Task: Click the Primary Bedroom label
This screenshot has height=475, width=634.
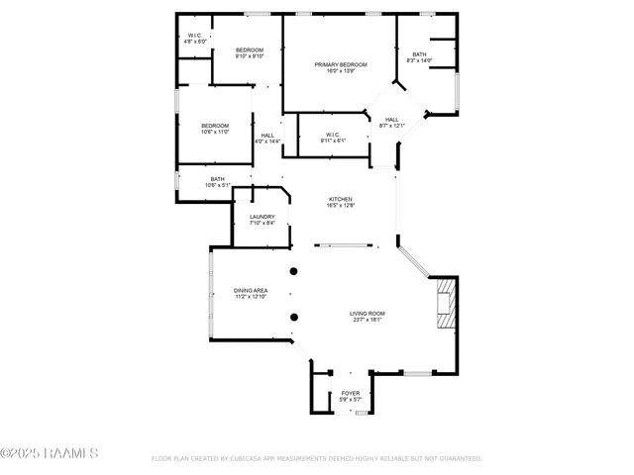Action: [341, 65]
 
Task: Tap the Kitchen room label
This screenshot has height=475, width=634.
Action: [341, 199]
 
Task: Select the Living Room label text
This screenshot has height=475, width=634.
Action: [367, 314]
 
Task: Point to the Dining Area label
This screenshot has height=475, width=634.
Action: [251, 291]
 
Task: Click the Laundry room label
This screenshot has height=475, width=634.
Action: [262, 217]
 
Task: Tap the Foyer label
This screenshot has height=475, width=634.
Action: [351, 393]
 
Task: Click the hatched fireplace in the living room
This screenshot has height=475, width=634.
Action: [445, 305]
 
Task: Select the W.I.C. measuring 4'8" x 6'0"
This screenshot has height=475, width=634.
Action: [196, 38]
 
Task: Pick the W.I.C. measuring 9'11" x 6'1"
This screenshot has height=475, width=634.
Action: [332, 135]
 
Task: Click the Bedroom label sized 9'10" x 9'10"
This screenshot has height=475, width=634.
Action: [250, 50]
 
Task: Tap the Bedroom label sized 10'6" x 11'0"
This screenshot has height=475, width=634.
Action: [215, 126]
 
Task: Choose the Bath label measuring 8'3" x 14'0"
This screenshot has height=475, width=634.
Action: [419, 55]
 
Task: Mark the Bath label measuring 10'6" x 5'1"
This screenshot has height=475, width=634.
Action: [217, 179]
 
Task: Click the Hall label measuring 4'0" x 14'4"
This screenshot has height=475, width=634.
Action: [267, 136]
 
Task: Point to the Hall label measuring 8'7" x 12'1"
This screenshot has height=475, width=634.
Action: [392, 119]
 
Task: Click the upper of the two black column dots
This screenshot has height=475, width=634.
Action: [293, 271]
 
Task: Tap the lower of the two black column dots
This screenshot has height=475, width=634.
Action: [293, 318]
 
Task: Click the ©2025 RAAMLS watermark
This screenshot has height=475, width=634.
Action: [50, 453]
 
